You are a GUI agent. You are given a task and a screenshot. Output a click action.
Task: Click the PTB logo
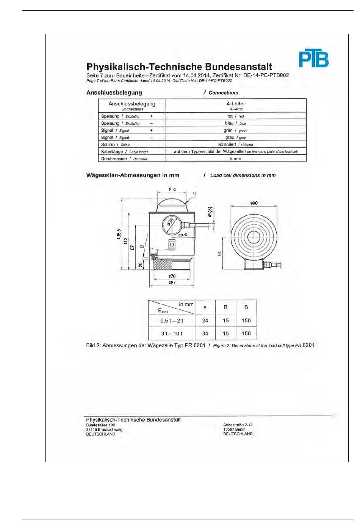coord(313,58)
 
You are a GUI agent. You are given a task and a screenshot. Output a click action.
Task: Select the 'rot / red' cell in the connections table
coord(235,116)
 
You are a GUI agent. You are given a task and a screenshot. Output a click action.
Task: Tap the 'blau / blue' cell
coord(235,123)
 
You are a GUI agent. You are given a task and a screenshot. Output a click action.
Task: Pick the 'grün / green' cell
coord(235,130)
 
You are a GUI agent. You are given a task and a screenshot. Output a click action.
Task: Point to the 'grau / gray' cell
coord(235,137)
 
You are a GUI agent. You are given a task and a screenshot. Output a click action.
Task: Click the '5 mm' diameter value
coord(235,158)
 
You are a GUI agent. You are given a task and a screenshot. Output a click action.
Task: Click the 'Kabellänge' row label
coord(112,152)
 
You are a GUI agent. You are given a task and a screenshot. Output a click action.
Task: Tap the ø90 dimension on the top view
coord(254,203)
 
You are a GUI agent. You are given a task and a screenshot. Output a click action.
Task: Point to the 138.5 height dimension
coord(119,234)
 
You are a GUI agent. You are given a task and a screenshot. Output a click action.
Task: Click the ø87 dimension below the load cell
coord(172,283)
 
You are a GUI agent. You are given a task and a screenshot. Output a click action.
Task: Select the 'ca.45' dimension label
coord(183,235)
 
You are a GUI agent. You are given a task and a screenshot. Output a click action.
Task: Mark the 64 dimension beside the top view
coord(219,254)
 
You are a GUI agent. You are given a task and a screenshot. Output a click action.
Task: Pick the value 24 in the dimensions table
coord(205,321)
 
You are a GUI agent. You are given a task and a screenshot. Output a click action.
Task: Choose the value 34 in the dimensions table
coord(205,334)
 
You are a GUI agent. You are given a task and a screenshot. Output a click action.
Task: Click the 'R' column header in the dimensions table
coord(225,307)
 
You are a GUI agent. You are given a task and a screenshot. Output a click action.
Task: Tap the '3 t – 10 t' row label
coord(172,334)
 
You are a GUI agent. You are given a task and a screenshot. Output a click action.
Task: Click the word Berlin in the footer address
coord(240,430)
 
